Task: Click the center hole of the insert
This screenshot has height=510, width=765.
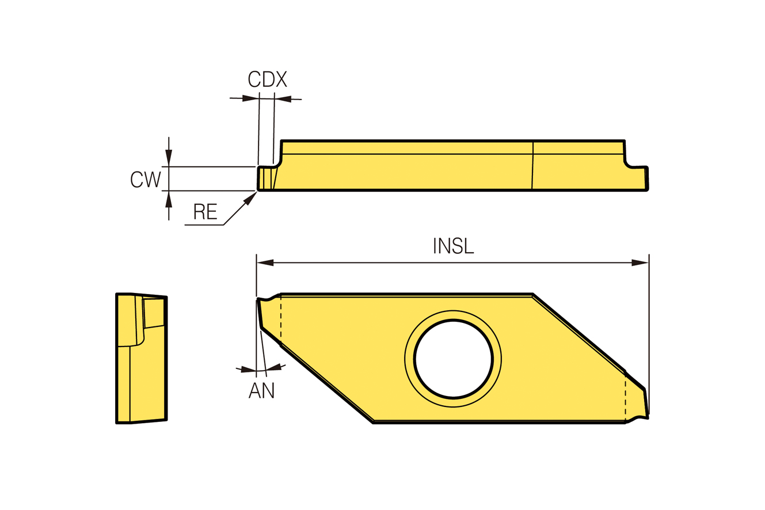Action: click(453, 359)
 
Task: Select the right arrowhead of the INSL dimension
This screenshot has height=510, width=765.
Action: click(640, 262)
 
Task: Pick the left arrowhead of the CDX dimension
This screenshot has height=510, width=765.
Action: click(250, 98)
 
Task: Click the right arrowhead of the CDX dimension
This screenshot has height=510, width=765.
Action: click(283, 99)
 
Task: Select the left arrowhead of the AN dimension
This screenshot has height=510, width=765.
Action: click(248, 369)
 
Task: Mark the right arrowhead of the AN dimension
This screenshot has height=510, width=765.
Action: click(273, 367)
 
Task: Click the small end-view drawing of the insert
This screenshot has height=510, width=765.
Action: click(141, 358)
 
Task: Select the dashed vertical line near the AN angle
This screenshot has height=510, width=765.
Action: click(281, 320)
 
